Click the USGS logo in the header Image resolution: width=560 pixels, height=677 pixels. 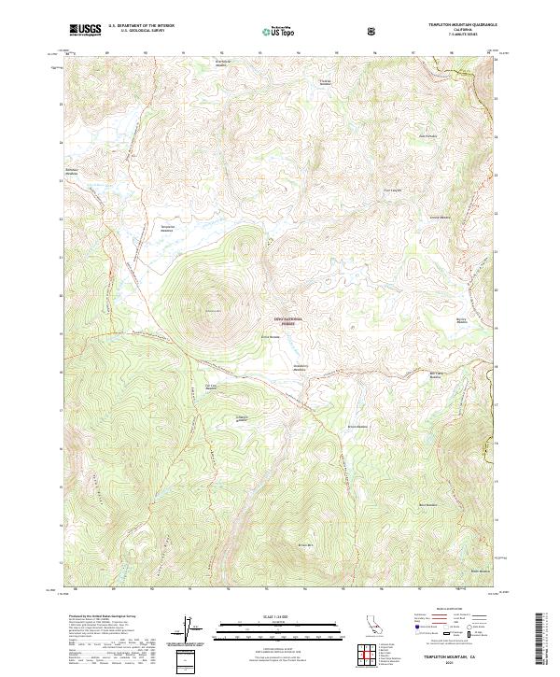pos(85,30)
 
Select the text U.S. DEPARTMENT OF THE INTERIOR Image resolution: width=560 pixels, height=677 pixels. pos(143,26)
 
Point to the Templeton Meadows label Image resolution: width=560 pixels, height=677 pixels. pos(168,228)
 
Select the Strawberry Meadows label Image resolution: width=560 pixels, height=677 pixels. pos(301,366)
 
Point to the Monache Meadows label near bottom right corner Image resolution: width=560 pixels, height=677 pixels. pos(480,571)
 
